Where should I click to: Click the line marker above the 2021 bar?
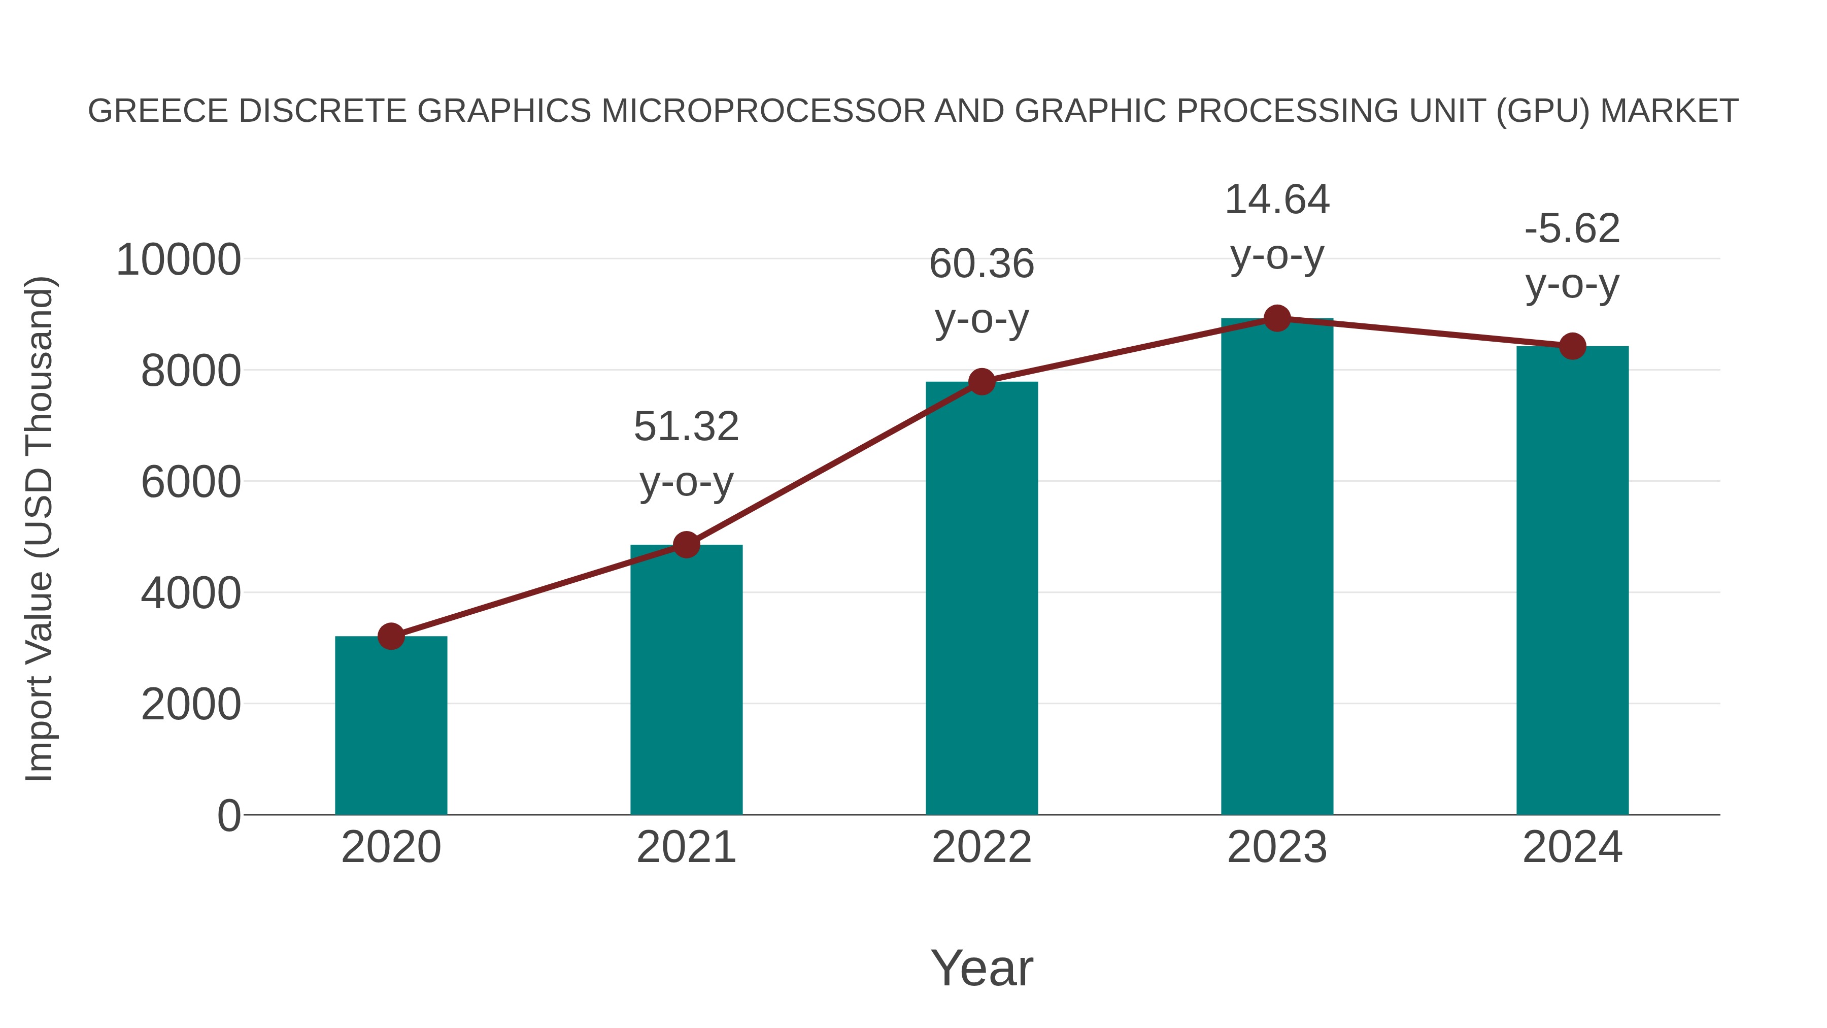tap(686, 545)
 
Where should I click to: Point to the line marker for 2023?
tap(1277, 318)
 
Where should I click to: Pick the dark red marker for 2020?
tap(391, 637)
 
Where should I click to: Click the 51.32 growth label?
tap(686, 426)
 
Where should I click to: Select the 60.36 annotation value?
tap(982, 264)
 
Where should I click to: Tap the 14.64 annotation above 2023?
tap(1277, 200)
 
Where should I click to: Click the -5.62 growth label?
tap(1572, 228)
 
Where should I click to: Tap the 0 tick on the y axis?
tap(228, 815)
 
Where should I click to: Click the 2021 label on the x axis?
tap(686, 847)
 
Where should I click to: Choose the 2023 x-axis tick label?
tap(1277, 847)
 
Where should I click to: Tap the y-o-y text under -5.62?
tap(1572, 285)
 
